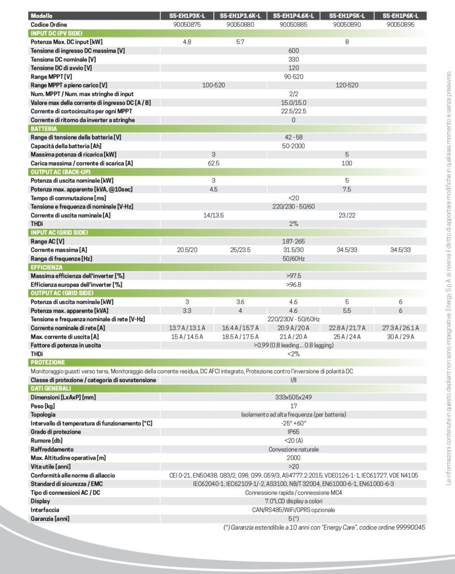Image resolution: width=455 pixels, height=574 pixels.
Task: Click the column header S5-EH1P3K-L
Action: pyautogui.click(x=187, y=16)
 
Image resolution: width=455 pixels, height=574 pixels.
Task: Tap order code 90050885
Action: pyautogui.click(x=293, y=25)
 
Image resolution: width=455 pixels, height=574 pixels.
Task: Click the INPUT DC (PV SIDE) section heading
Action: pyautogui.click(x=55, y=33)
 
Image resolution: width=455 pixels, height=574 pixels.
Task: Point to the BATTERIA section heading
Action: pyautogui.click(x=44, y=129)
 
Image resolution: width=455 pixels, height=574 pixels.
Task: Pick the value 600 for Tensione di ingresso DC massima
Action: pyautogui.click(x=293, y=50)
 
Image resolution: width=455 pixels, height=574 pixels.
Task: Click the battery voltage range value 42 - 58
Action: pyautogui.click(x=293, y=137)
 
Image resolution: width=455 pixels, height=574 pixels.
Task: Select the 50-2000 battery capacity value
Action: pyautogui.click(x=293, y=146)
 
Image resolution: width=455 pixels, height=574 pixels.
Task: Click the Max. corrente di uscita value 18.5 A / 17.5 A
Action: pyautogui.click(x=239, y=336)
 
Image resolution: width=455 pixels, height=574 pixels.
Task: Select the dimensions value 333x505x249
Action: pyautogui.click(x=293, y=397)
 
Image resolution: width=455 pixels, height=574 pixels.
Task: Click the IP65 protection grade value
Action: pyautogui.click(x=293, y=432)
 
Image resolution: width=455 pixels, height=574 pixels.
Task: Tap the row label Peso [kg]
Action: pyautogui.click(x=43, y=405)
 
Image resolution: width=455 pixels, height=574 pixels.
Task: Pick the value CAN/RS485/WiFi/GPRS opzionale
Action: pyautogui.click(x=293, y=510)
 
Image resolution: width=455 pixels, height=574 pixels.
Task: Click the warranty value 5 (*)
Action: pyautogui.click(x=293, y=519)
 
